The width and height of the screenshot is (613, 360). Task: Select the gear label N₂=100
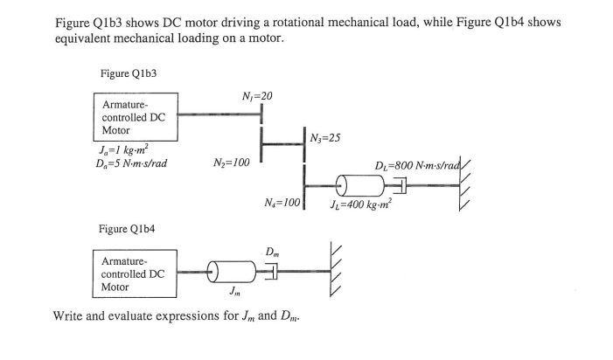pos(231,163)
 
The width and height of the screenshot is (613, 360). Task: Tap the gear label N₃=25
pos(328,136)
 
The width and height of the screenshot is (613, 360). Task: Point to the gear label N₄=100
pos(282,203)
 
